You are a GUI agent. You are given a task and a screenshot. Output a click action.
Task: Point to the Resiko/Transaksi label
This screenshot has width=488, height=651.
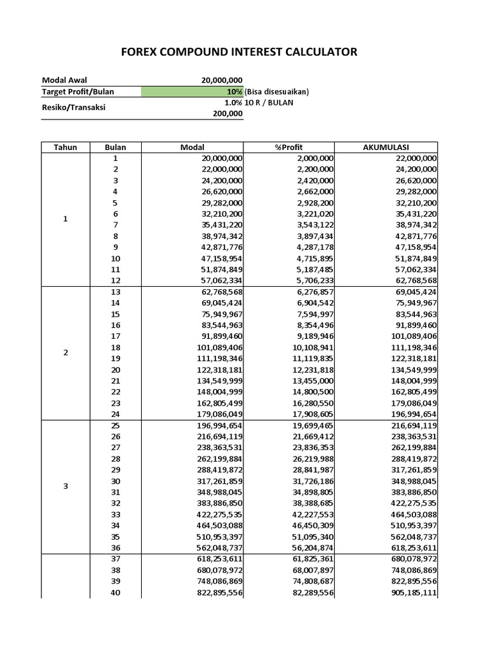pos(74,107)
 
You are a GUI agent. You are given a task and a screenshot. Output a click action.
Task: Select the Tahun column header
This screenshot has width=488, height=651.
pos(65,147)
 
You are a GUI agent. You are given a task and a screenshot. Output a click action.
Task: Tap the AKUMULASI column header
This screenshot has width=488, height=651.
pos(386,147)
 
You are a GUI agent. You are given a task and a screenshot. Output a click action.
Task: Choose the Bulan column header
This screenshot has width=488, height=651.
pos(116,147)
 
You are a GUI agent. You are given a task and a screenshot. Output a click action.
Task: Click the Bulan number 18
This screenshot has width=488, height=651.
pos(116,348)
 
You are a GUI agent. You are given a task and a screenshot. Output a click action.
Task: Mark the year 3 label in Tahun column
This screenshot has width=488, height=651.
pos(65,486)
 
